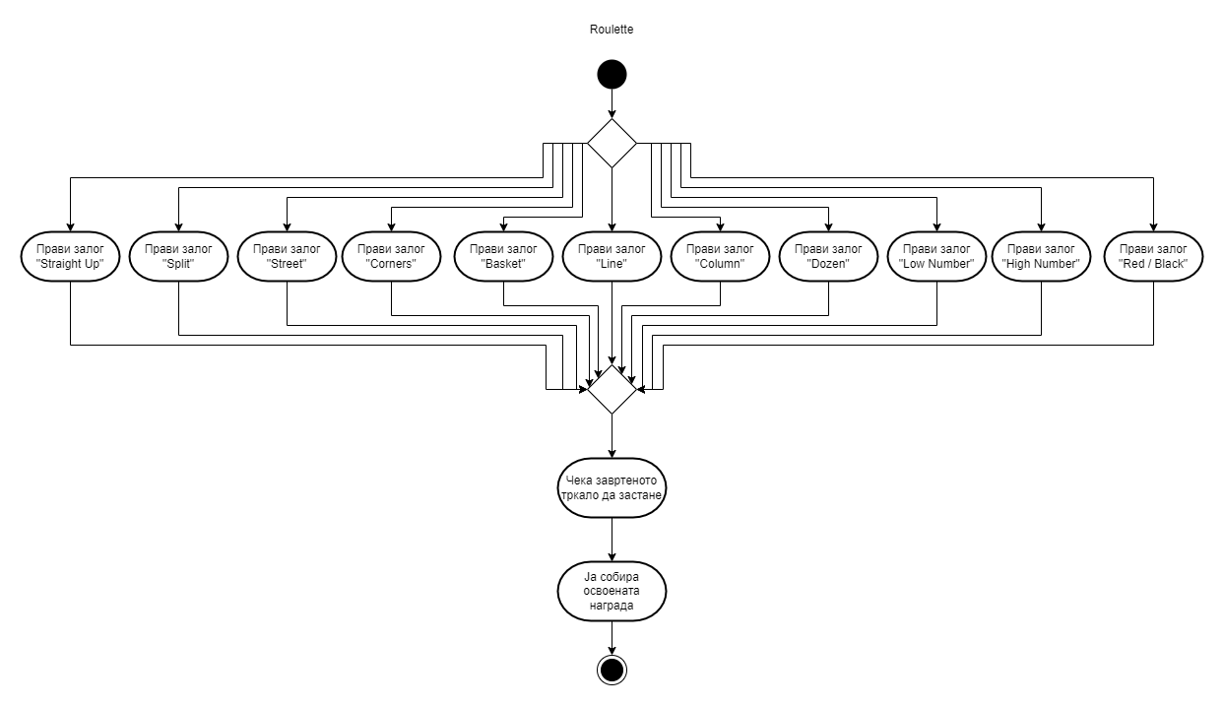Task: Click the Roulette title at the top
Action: click(612, 30)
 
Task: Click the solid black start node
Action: click(612, 75)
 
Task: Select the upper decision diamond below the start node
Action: click(612, 143)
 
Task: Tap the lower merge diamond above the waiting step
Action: click(612, 389)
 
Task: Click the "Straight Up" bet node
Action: click(70, 256)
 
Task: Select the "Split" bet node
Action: click(178, 256)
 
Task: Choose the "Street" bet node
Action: click(287, 256)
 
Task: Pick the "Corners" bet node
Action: click(391, 256)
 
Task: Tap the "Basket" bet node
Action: click(503, 256)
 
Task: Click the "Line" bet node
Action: click(612, 256)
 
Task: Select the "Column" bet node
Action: click(720, 256)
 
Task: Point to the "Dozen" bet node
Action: click(828, 256)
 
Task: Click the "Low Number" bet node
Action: click(936, 256)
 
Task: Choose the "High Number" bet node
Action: click(1041, 256)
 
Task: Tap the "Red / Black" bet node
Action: click(1153, 256)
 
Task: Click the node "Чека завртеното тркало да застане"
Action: click(612, 489)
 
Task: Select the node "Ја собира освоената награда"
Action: click(612, 593)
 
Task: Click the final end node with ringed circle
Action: click(612, 670)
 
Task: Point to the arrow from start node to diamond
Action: click(612, 103)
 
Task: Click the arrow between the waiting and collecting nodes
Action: click(612, 540)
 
